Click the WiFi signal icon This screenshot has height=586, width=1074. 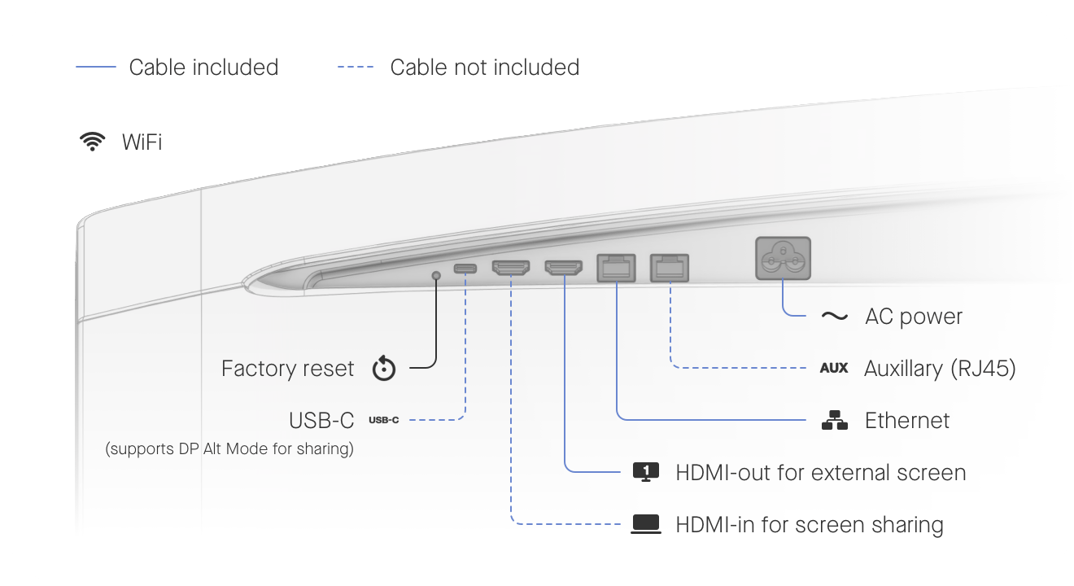pyautogui.click(x=93, y=142)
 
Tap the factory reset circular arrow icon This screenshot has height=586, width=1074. pyautogui.click(x=384, y=369)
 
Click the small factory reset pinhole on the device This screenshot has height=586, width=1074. pyautogui.click(x=437, y=276)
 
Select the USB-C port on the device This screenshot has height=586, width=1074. pyautogui.click(x=465, y=269)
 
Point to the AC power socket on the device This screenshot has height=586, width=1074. pyautogui.click(x=783, y=258)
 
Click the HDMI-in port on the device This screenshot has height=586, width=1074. pyautogui.click(x=511, y=268)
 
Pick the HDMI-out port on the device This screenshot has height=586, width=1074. pyautogui.click(x=563, y=268)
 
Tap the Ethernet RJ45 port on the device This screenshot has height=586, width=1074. pyautogui.click(x=618, y=267)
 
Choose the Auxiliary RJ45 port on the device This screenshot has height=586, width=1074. pyautogui.click(x=670, y=267)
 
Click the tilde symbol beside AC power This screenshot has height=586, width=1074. pyautogui.click(x=834, y=317)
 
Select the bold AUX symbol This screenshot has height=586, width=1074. pyautogui.click(x=834, y=369)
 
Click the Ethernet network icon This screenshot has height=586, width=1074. pyautogui.click(x=834, y=421)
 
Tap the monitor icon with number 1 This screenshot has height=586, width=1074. pyautogui.click(x=646, y=472)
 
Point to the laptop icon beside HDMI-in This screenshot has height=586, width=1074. pyautogui.click(x=646, y=525)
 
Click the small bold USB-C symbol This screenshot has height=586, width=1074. pyautogui.click(x=384, y=421)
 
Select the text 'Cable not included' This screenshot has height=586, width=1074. pyautogui.click(x=485, y=68)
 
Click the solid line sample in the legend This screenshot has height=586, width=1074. pyautogui.click(x=96, y=68)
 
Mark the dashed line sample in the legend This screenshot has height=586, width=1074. pyautogui.click(x=356, y=68)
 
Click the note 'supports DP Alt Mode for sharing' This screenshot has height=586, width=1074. pyautogui.click(x=229, y=448)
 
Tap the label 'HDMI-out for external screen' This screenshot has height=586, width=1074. pyautogui.click(x=821, y=473)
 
